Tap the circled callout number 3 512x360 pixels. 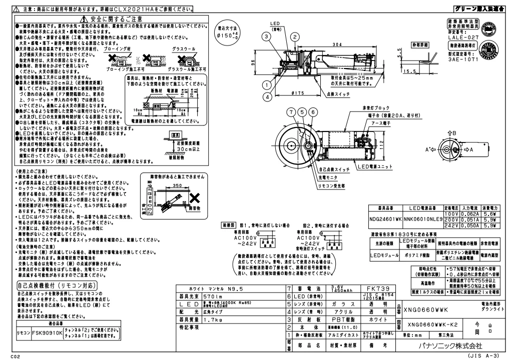click(x=264, y=36)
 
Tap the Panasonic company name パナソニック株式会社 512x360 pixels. click(x=447, y=345)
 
